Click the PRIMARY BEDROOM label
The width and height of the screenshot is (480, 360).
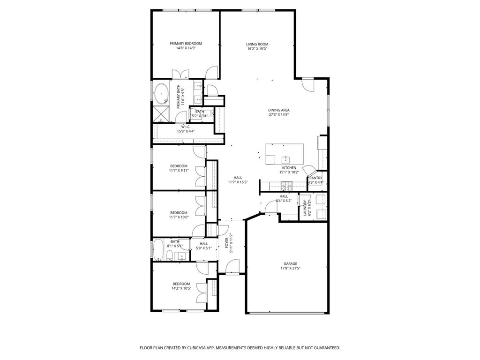186,44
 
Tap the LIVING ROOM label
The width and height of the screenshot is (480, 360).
257,45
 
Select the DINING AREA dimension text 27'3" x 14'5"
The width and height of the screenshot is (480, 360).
278,114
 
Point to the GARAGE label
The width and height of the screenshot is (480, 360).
290,264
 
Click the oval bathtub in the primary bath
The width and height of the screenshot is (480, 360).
162,93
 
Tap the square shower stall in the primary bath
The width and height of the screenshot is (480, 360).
162,113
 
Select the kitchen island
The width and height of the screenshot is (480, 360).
285,154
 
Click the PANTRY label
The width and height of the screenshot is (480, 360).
315,178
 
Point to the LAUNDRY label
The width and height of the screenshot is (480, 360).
305,208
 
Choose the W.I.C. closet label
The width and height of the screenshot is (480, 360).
186,127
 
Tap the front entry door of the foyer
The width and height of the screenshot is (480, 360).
232,267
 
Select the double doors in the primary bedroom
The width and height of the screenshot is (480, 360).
180,74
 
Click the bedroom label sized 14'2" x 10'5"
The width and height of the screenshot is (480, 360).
181,284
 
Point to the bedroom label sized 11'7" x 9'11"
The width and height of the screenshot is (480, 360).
179,166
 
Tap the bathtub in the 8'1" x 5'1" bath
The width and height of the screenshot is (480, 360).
158,249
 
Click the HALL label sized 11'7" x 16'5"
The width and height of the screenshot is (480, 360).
238,178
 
